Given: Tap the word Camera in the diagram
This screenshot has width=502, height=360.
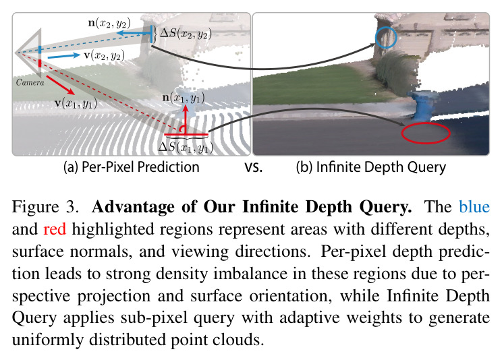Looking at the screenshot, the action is click(30, 82).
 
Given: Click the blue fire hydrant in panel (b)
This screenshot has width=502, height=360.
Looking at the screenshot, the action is click(420, 104).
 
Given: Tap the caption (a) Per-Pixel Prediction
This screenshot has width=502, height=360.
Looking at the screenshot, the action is click(132, 167).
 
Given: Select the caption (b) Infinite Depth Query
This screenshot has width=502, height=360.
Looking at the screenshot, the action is click(370, 167).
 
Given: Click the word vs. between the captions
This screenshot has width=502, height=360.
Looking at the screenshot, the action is click(254, 168).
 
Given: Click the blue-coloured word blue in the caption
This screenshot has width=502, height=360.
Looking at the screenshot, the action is click(474, 207).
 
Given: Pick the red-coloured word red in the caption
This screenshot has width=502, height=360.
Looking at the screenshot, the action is click(55, 229).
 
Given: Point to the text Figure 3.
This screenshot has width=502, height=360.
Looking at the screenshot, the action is click(45, 207).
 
